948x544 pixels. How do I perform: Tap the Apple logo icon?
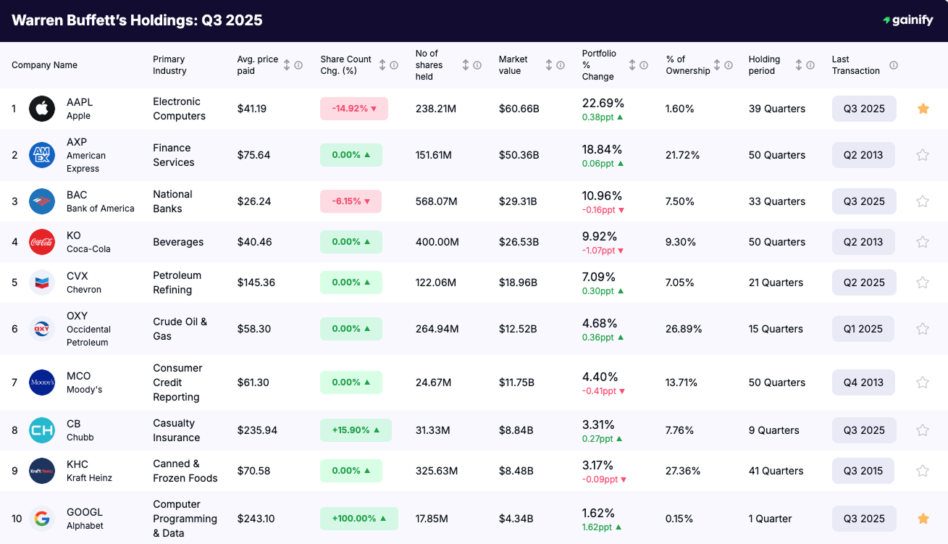[x=42, y=109]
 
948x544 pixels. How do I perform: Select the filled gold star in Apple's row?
[x=923, y=109]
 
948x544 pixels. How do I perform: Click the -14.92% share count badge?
[x=354, y=109]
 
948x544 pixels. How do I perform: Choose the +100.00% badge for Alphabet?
[x=358, y=519]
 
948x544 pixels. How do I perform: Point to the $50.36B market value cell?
[x=519, y=155]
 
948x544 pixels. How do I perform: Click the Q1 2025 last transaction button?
[x=863, y=329]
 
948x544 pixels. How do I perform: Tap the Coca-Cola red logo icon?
[x=42, y=242]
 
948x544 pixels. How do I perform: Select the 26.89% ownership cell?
[x=684, y=329]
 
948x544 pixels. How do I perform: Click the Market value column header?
[x=513, y=65]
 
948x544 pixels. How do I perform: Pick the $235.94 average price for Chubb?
[x=257, y=430]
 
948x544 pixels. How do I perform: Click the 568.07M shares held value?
[x=437, y=201]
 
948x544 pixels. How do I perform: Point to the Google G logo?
[x=42, y=519]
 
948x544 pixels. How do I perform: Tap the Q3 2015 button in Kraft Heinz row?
[x=863, y=471]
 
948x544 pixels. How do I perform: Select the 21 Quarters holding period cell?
[x=776, y=283]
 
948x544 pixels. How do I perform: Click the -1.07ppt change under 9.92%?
[x=603, y=251]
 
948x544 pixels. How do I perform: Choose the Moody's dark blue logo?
[x=42, y=382]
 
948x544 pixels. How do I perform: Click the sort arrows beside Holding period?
[x=799, y=65]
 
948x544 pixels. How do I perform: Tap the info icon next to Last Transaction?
[x=894, y=65]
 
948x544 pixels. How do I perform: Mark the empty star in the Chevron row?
[x=923, y=283]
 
